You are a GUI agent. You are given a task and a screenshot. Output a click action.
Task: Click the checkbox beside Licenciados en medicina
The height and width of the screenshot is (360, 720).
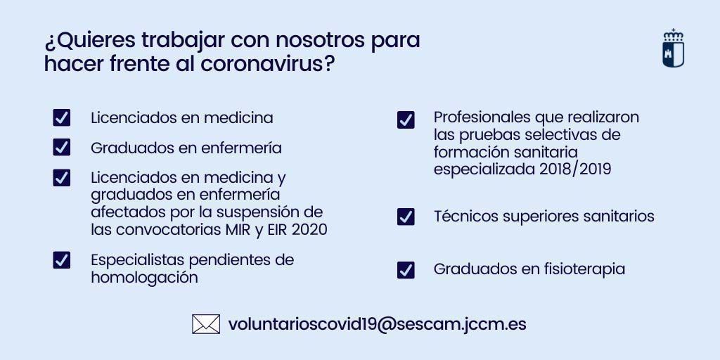coord(62,117)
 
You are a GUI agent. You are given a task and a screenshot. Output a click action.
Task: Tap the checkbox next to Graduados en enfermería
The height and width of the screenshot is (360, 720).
coord(62,148)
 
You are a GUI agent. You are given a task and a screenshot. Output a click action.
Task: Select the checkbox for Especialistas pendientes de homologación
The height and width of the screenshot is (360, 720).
coord(62,260)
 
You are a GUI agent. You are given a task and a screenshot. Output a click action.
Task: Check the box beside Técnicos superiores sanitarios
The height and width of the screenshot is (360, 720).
coord(406,217)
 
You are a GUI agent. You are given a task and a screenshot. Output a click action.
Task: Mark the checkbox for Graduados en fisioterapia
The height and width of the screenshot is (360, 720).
coord(406,270)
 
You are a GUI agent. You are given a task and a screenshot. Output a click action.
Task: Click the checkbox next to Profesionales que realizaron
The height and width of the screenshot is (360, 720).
coord(406,120)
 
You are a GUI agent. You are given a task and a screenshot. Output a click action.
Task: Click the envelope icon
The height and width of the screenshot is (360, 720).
coord(206,324)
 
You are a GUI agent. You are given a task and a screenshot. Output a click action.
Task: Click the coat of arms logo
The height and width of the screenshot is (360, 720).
coord(673,49)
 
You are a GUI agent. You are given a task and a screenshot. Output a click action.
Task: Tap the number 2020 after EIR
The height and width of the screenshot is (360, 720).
coord(309,230)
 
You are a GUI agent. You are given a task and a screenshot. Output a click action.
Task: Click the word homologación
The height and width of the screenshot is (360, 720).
coord(144,278)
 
